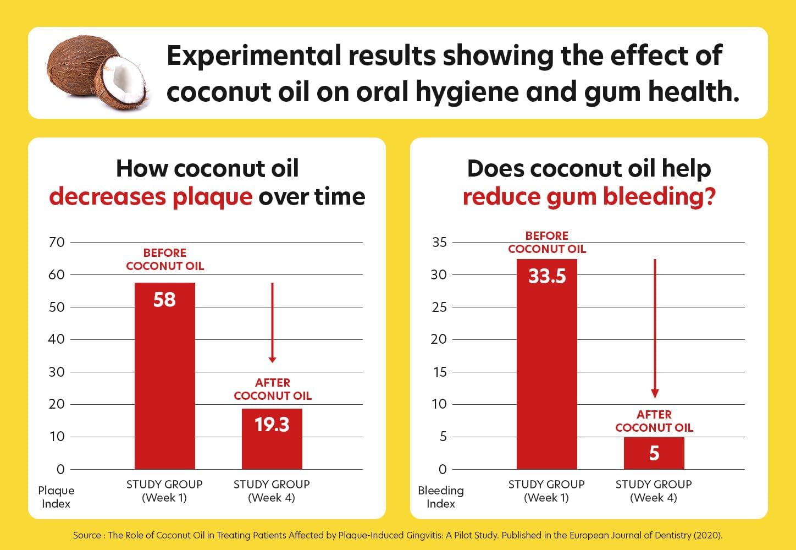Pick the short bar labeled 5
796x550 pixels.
(654, 453)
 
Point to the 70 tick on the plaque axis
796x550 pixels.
(57, 242)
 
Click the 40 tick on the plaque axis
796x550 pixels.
(57, 339)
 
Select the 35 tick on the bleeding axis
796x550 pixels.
(439, 242)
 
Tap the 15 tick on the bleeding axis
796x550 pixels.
(439, 372)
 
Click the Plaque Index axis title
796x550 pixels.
(56, 497)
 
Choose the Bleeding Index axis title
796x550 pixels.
(441, 497)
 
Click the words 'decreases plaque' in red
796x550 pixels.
(151, 197)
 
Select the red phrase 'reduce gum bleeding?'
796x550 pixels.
(589, 197)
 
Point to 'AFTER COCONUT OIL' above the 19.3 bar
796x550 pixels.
(273, 389)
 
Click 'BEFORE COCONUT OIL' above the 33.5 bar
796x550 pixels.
(546, 243)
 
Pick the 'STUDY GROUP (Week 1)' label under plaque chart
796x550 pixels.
(164, 491)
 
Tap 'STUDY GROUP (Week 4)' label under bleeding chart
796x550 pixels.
(654, 491)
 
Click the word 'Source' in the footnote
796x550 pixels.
(87, 535)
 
